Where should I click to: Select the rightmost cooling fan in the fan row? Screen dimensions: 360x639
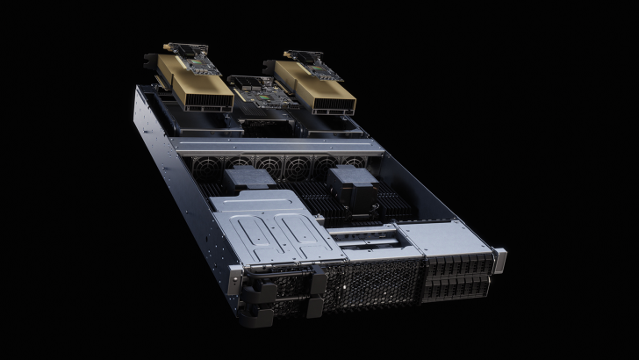pos(354,164)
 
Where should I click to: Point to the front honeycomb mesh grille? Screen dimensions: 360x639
pos(369,285)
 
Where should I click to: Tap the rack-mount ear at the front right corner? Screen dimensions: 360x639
pos(499,261)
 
